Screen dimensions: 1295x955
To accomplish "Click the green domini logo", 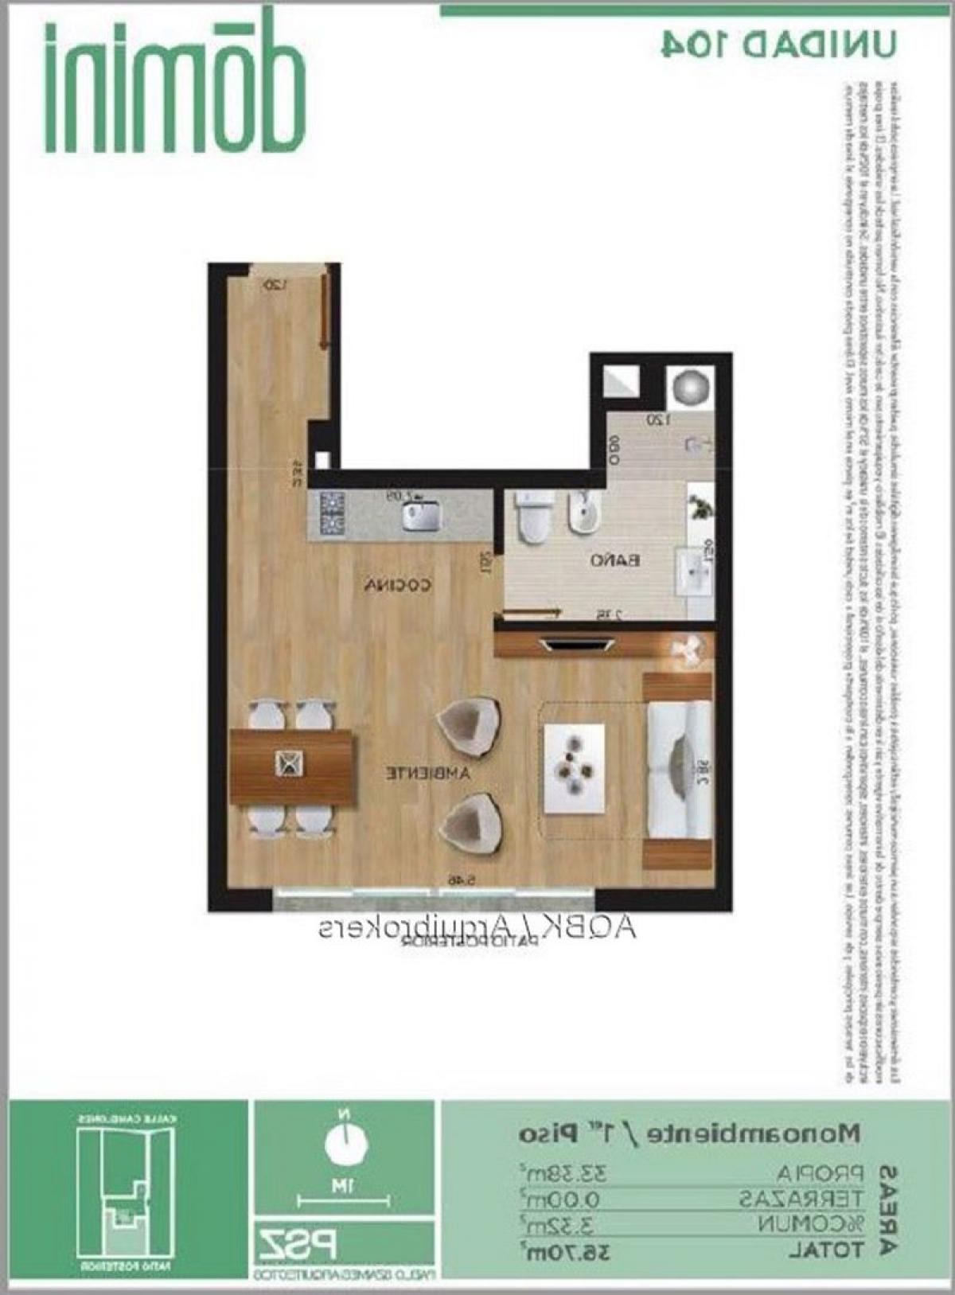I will [x=175, y=88].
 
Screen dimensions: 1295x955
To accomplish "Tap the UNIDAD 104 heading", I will [x=778, y=44].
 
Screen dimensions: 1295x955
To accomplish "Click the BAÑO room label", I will [x=614, y=560].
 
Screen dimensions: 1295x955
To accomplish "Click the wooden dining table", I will [x=291, y=766].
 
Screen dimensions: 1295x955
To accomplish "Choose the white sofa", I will [x=679, y=770].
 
